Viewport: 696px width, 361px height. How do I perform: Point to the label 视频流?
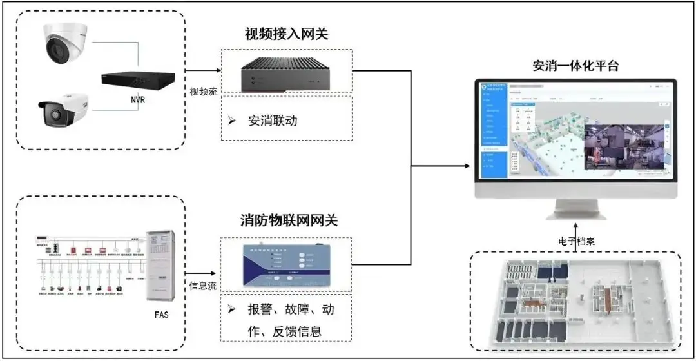click(x=202, y=91)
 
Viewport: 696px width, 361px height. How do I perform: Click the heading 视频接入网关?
click(x=286, y=34)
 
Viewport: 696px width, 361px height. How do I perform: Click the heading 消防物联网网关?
click(x=286, y=220)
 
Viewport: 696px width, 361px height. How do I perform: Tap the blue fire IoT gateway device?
click(x=286, y=265)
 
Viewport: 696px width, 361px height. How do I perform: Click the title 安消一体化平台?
click(x=576, y=66)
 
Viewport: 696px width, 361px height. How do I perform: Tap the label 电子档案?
click(x=576, y=241)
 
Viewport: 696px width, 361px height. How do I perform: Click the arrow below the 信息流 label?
click(x=202, y=273)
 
